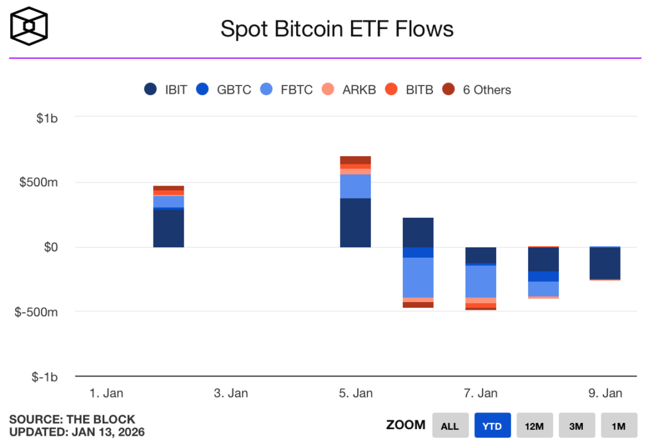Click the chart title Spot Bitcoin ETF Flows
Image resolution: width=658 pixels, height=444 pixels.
[x=337, y=28]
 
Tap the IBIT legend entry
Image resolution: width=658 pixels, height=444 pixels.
[x=166, y=90]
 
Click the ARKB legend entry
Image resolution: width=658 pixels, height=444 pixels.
[x=350, y=90]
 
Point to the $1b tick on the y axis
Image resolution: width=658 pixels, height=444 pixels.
[x=46, y=117]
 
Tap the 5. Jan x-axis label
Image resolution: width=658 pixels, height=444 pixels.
[x=355, y=393]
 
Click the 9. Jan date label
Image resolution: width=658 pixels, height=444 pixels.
[x=605, y=393]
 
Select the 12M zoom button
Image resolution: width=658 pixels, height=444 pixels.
[x=535, y=426]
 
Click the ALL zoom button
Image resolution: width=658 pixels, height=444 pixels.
[x=450, y=426]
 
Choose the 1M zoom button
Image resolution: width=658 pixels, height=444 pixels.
[x=619, y=426]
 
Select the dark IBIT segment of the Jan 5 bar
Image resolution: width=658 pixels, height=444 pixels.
[x=355, y=222]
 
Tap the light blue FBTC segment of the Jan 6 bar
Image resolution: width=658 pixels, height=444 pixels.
[x=418, y=277]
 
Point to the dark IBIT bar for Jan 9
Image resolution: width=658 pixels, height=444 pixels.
[x=605, y=263]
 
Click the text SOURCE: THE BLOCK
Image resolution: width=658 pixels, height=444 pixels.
[x=72, y=420]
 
